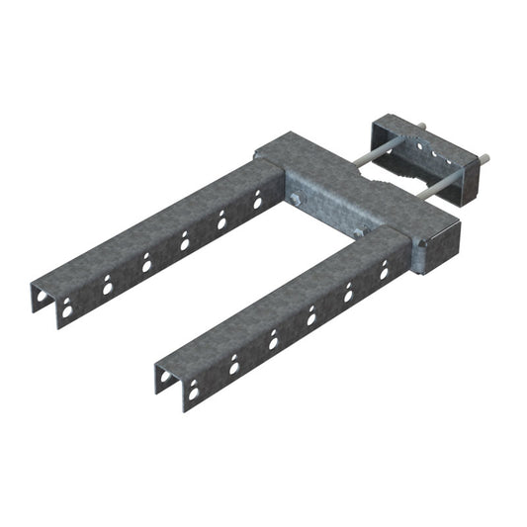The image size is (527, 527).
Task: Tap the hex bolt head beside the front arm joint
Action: point(359,233)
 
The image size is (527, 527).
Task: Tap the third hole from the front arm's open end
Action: point(273,340)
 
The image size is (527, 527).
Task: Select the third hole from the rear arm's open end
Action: point(146,262)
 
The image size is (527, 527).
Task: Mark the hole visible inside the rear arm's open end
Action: point(67,310)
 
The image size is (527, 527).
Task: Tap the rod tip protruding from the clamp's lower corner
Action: point(485,156)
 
